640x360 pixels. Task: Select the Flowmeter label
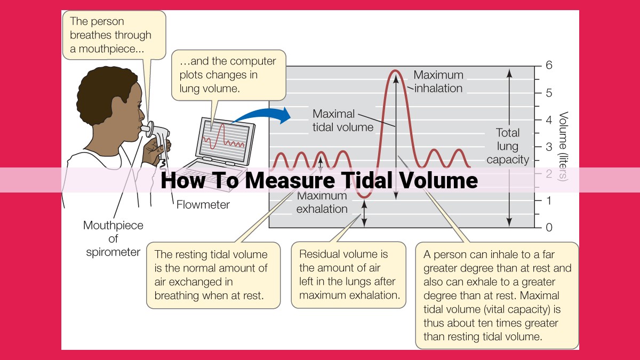(x=203, y=205)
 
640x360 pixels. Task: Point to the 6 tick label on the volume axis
(x=549, y=66)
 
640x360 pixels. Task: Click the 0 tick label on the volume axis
(x=549, y=227)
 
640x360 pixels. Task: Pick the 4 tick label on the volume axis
(x=549, y=120)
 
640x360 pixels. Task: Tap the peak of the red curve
(x=395, y=70)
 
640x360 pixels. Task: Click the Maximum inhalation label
(x=438, y=82)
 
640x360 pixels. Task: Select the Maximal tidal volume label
(x=343, y=121)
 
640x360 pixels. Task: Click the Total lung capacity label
(x=508, y=146)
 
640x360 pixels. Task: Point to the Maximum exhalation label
(x=322, y=203)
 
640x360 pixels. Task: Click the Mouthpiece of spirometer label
(x=113, y=239)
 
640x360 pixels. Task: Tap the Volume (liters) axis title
(x=563, y=146)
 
